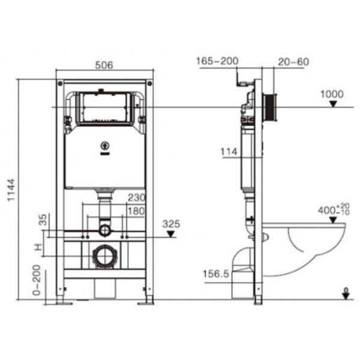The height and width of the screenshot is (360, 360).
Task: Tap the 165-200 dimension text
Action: pyautogui.click(x=217, y=61)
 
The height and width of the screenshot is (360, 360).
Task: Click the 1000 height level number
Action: pyautogui.click(x=332, y=94)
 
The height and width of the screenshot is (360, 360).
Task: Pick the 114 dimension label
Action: pyautogui.click(x=230, y=152)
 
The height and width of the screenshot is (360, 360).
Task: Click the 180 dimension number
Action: pyautogui.click(x=135, y=211)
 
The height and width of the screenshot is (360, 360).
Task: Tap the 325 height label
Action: pyautogui.click(x=170, y=224)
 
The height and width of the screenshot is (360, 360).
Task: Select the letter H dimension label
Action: pyautogui.click(x=38, y=247)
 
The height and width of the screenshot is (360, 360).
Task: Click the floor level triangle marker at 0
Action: pyautogui.click(x=345, y=293)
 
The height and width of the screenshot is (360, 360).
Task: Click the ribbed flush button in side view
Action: pyautogui.click(x=270, y=107)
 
